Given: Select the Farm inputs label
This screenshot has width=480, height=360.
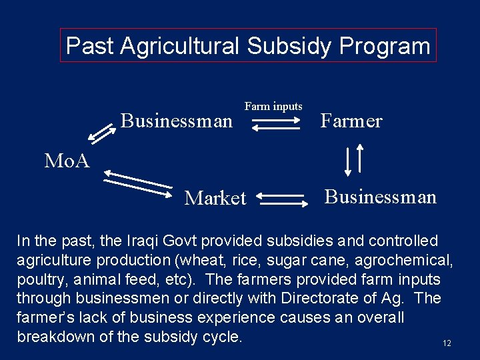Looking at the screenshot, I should point(273,106).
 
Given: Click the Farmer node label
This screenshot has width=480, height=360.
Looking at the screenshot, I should point(351,121).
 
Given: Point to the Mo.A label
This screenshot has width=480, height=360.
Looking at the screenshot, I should point(67,161).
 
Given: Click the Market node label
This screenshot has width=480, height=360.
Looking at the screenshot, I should point(215,198).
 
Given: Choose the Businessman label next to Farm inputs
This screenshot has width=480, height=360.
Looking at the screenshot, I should point(177,121).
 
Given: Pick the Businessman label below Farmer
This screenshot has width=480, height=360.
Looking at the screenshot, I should point(381,197).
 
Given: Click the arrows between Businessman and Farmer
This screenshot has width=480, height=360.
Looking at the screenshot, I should point(277,123).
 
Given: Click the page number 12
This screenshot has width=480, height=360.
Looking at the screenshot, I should point(447,343).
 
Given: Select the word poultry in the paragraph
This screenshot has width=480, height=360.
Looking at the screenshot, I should point(41,279).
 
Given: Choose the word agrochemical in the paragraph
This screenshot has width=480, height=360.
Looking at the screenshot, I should point(405,260).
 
